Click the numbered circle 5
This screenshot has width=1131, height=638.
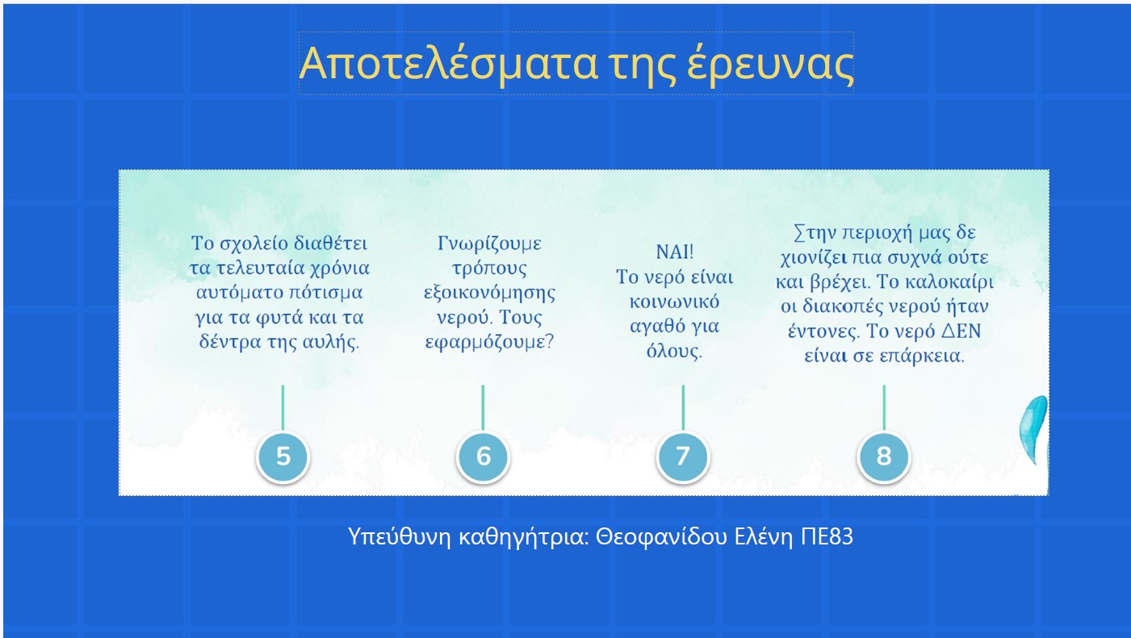(283, 457)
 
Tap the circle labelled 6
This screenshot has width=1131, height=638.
(484, 457)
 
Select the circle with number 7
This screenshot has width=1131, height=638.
(683, 457)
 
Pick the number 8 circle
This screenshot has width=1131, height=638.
(884, 457)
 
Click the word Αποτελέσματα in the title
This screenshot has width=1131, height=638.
(448, 64)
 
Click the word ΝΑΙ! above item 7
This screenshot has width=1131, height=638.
(675, 252)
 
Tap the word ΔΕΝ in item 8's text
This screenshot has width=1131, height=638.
(961, 332)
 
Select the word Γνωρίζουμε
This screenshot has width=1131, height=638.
(489, 244)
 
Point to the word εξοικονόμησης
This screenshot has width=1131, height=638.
(489, 293)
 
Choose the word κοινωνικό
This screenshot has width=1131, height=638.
(675, 302)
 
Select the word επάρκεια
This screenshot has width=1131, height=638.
(922, 356)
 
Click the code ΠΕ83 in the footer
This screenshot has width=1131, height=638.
(827, 536)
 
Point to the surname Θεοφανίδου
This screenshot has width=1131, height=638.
(662, 536)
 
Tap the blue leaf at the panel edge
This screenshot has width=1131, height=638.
(1034, 430)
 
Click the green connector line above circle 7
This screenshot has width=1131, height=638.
(683, 407)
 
